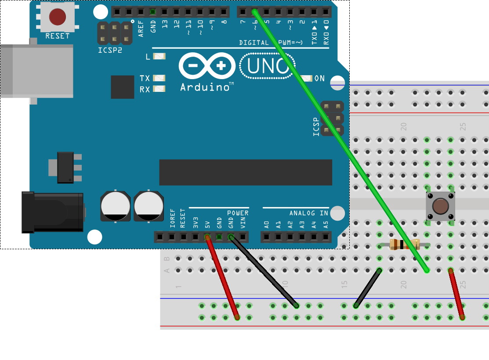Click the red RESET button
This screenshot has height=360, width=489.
(x=58, y=17)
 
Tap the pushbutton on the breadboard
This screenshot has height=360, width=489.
(x=440, y=206)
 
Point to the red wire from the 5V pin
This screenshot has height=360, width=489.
(x=222, y=277)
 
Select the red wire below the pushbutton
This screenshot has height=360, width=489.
(x=456, y=294)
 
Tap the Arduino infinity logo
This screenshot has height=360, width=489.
(x=207, y=66)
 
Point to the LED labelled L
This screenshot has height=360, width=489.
(x=160, y=57)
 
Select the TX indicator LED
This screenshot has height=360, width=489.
(x=159, y=78)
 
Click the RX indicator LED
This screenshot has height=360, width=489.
(x=159, y=89)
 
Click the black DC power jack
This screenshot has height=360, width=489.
(x=53, y=212)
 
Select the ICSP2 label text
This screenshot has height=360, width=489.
(x=110, y=50)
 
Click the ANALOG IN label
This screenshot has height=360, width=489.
(x=308, y=213)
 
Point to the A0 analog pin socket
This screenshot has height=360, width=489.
(x=266, y=237)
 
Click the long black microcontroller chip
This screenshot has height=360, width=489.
(x=246, y=172)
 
